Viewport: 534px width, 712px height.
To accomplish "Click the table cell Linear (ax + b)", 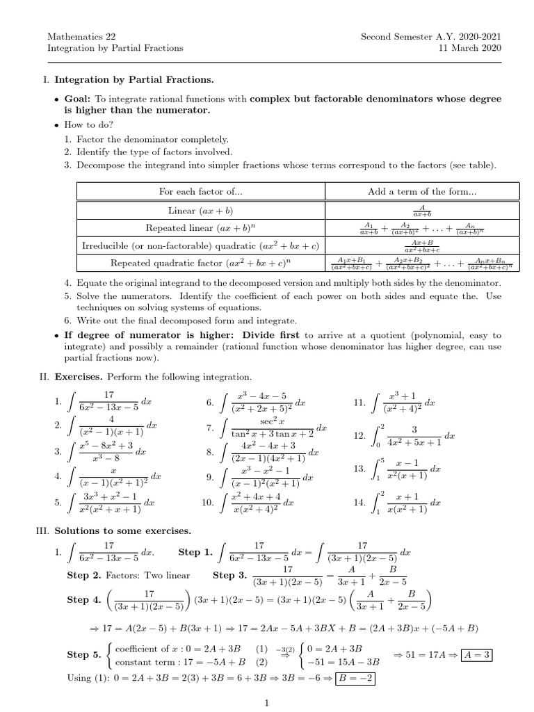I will (x=201, y=210).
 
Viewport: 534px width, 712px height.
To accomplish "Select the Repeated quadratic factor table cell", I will (x=201, y=263).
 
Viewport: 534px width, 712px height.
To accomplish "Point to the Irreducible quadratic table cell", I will (x=201, y=245).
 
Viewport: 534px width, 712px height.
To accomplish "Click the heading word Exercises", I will (x=79, y=376).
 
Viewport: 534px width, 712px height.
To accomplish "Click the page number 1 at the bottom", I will (x=267, y=704).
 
